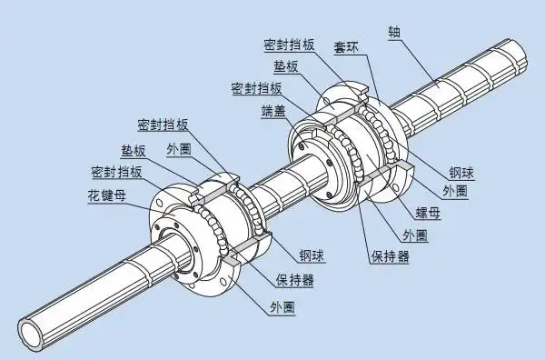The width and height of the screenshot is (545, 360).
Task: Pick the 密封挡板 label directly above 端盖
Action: coord(255,88)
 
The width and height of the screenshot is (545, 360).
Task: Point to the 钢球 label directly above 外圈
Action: coord(461,171)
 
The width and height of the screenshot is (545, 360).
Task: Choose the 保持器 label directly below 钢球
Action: coord(297,281)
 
